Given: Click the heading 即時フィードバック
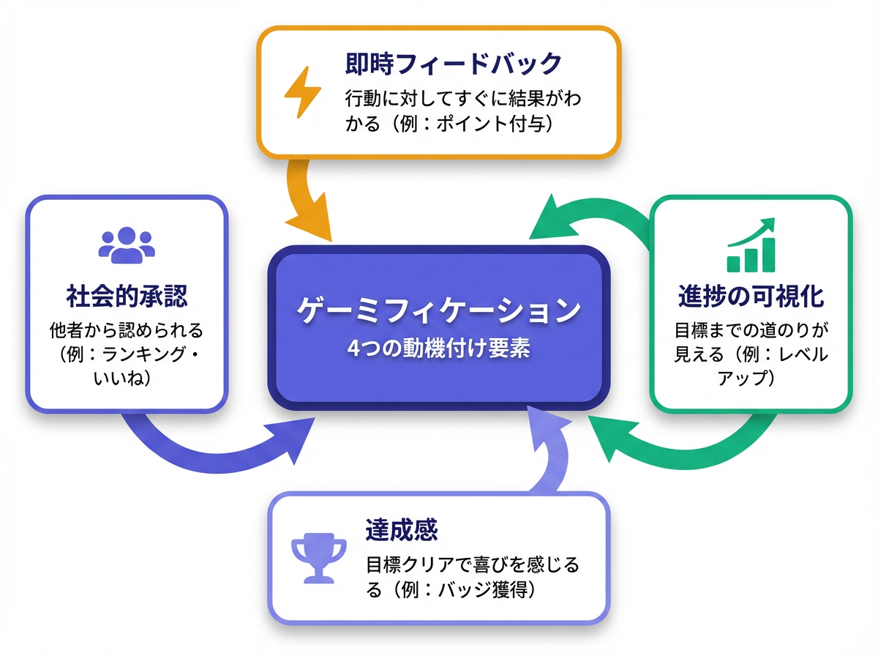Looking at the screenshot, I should tap(453, 64).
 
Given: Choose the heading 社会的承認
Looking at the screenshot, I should tap(127, 297).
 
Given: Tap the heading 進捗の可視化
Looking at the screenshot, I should tap(751, 297).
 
